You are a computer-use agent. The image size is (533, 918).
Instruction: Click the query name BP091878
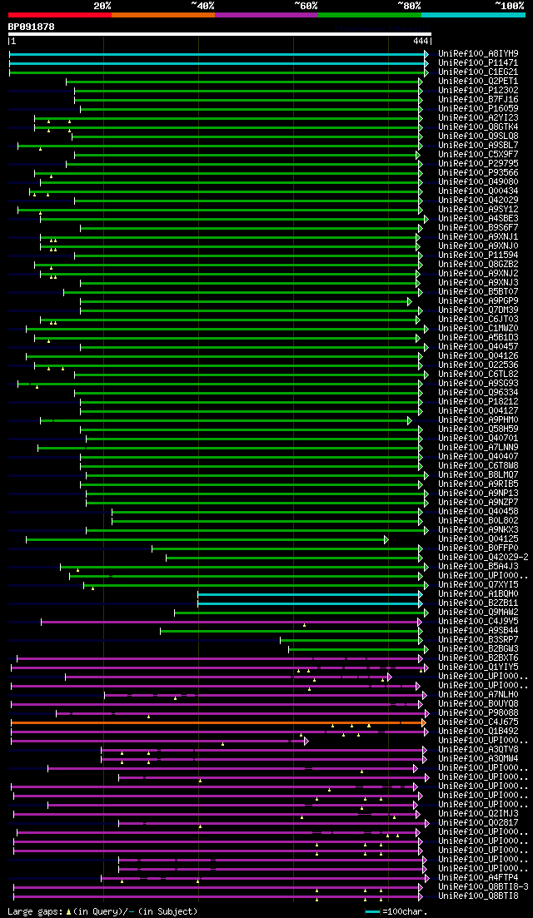pyautogui.click(x=32, y=27)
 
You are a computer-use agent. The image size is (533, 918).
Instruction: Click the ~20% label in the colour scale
pyautogui.click(x=102, y=6)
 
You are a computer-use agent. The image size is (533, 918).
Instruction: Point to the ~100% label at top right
pyautogui.click(x=509, y=6)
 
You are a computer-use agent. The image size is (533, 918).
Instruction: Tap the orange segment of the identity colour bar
pyautogui.click(x=162, y=14)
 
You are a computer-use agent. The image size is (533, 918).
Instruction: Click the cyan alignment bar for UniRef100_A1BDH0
pyautogui.click(x=308, y=594)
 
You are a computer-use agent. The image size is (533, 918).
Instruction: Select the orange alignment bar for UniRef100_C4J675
pyautogui.click(x=208, y=722)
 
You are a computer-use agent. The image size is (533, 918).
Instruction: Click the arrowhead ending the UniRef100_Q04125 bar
pyautogui.click(x=386, y=539)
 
